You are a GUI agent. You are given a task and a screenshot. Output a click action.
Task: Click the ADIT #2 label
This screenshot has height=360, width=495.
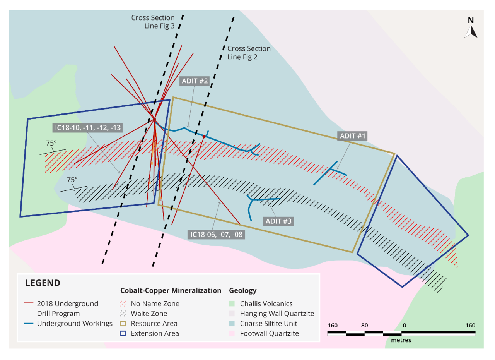click(195, 81)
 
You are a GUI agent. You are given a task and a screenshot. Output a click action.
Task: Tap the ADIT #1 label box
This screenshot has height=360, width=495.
click(352, 136)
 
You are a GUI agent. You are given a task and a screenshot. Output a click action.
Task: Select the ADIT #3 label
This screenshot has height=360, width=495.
click(278, 221)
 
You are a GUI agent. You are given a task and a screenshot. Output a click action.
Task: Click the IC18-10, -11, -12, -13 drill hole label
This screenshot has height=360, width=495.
click(87, 128)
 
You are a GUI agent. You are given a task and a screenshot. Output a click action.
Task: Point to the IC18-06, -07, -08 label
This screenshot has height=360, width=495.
click(216, 235)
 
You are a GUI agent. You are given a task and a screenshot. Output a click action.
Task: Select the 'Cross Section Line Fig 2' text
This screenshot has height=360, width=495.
click(249, 53)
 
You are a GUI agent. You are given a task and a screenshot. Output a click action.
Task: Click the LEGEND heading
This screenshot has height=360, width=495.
click(43, 283)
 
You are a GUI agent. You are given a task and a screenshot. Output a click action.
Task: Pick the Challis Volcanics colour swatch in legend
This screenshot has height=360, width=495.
click(232, 303)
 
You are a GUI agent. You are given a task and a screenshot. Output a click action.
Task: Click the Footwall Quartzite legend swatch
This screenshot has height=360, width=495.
click(232, 333)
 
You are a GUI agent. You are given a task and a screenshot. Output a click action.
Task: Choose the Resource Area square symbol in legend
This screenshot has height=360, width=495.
click(123, 324)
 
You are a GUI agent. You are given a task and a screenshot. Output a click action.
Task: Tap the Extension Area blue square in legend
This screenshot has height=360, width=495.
click(123, 333)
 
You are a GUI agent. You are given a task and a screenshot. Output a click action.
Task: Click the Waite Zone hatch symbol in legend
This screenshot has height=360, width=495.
click(123, 314)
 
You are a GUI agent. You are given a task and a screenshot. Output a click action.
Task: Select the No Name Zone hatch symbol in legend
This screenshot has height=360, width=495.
click(123, 303)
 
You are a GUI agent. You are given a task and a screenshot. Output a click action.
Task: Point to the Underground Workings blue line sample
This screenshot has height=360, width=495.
click(29, 324)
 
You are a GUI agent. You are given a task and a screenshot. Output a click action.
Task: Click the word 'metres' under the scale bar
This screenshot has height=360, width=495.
click(401, 340)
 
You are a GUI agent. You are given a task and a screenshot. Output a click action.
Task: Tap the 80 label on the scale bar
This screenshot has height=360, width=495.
click(364, 325)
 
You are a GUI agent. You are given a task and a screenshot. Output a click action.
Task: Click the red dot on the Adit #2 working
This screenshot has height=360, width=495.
click(204, 137)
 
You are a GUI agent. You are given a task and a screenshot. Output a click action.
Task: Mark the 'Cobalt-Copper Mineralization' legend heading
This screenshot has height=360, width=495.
click(171, 290)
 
